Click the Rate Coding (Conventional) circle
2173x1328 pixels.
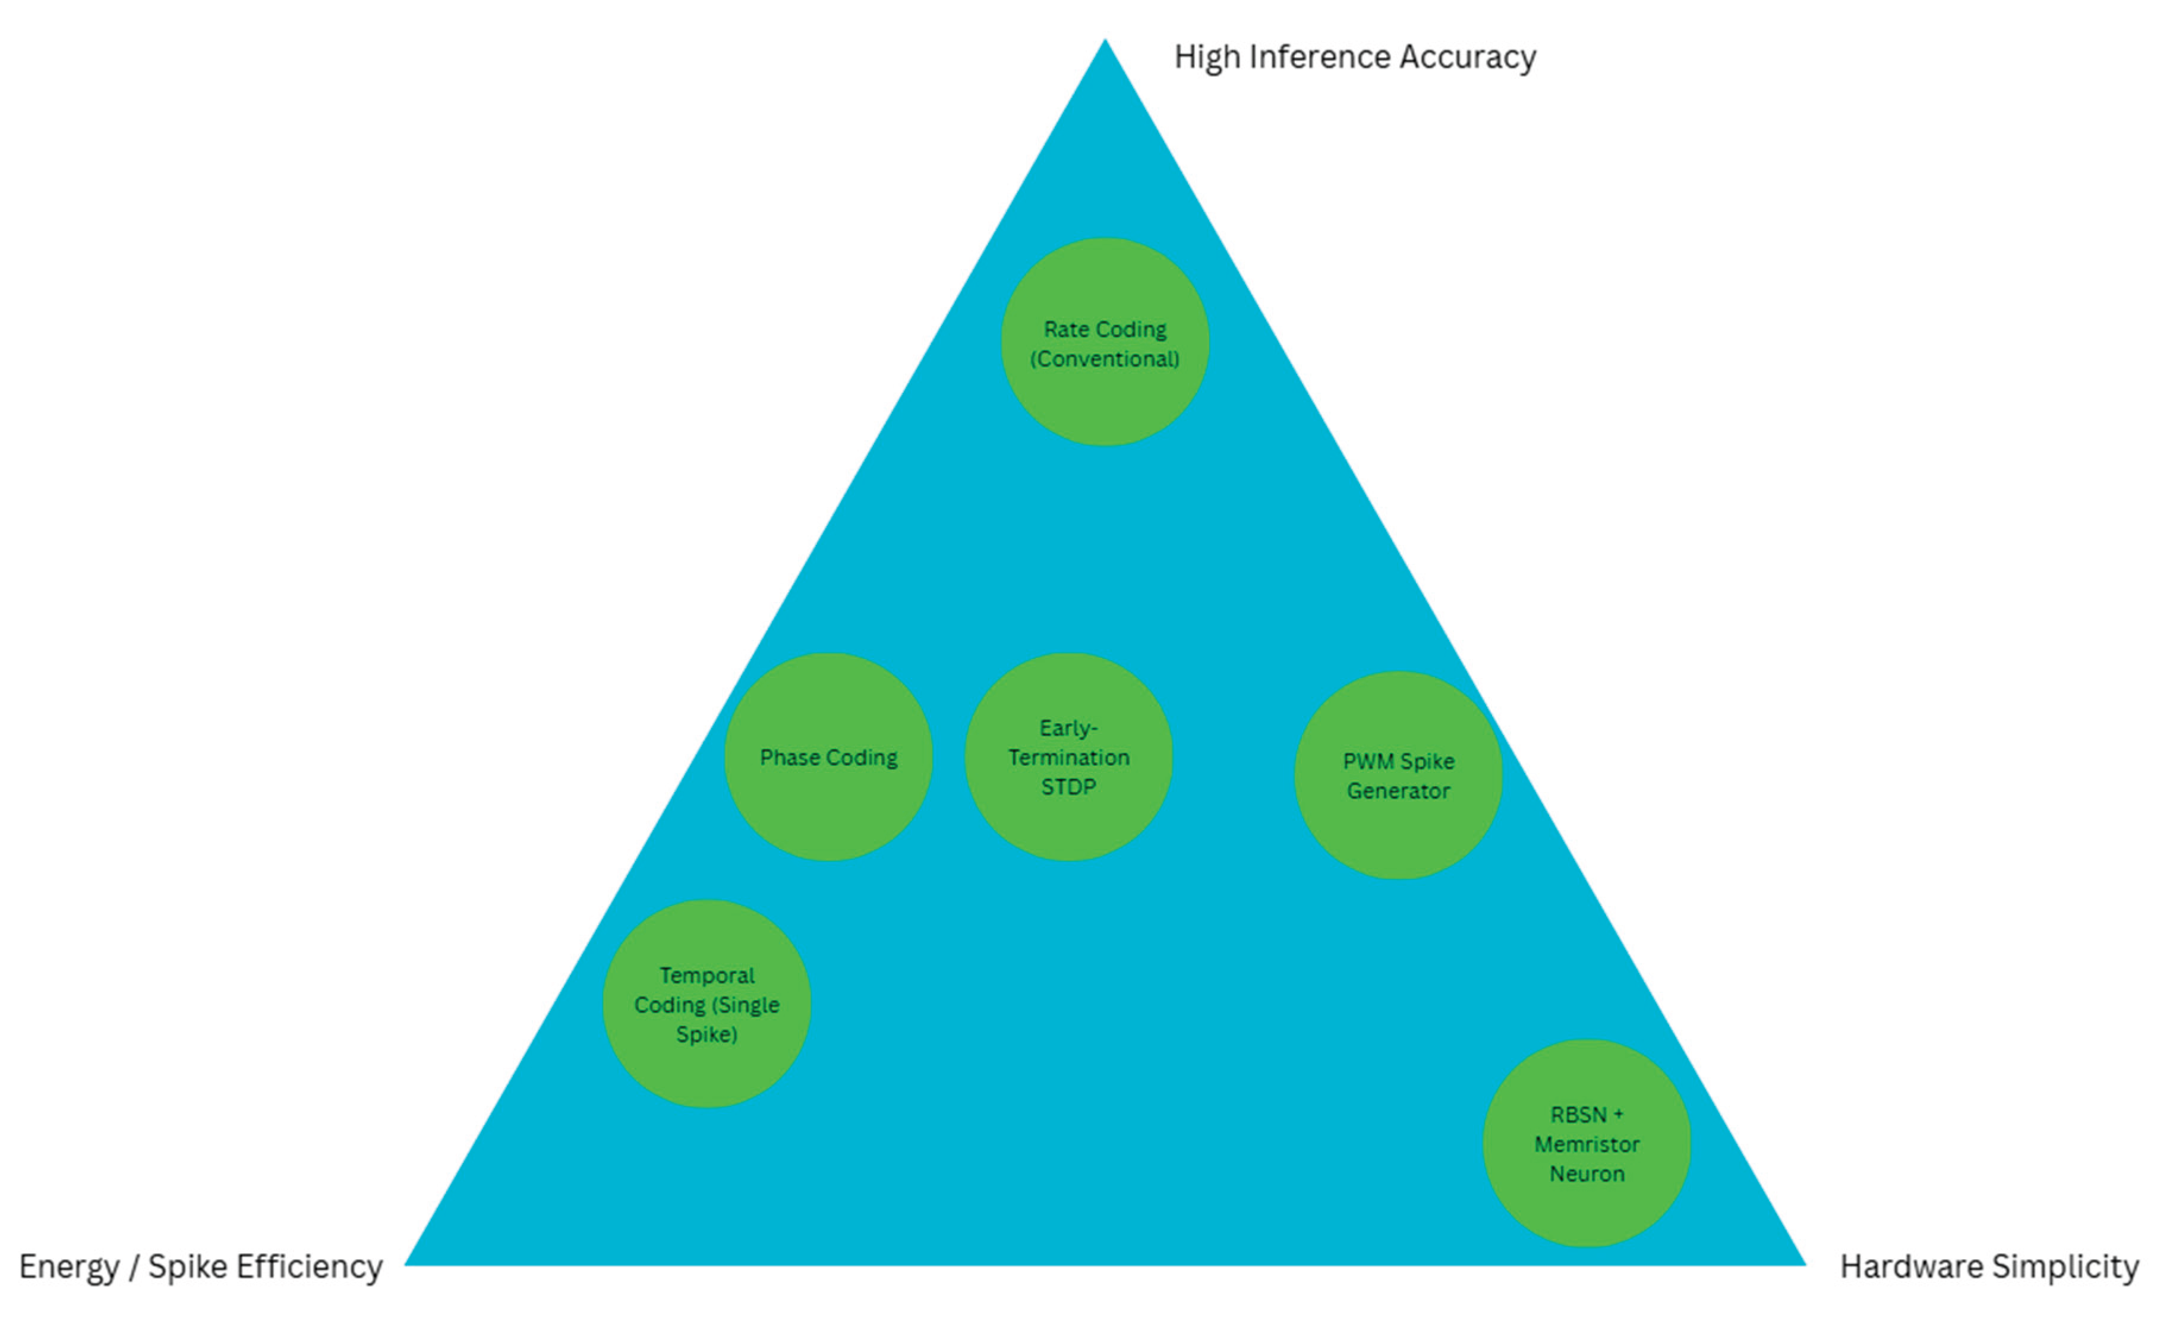pos(1105,342)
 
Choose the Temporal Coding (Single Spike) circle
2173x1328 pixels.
pos(707,1004)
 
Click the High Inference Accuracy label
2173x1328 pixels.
pos(1355,57)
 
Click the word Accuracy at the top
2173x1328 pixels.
pos(1468,57)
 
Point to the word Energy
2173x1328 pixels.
pos(69,1267)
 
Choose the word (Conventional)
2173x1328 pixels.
pos(1105,359)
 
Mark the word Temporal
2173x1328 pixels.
pos(707,975)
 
